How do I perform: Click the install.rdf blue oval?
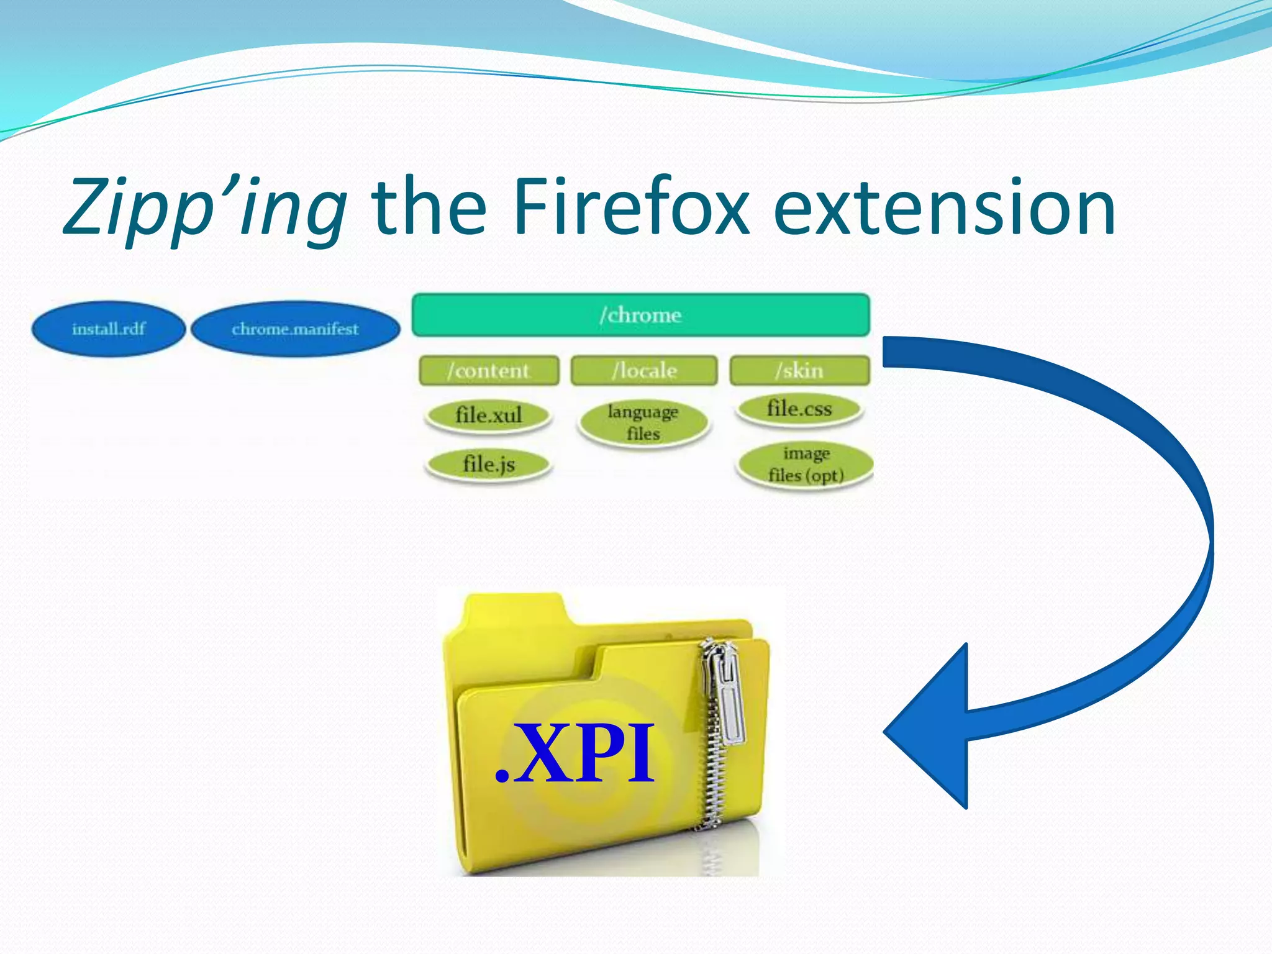pos(109,329)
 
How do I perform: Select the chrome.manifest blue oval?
pos(295,329)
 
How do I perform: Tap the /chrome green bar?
pos(640,315)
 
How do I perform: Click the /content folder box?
pos(489,371)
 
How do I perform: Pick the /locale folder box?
pos(644,371)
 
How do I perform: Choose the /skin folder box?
pos(799,371)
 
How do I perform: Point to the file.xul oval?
pos(488,415)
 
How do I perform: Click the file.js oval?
pos(488,464)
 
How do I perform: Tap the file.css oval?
pos(799,409)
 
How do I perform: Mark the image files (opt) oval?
pos(806,464)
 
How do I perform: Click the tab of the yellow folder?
pos(516,612)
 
